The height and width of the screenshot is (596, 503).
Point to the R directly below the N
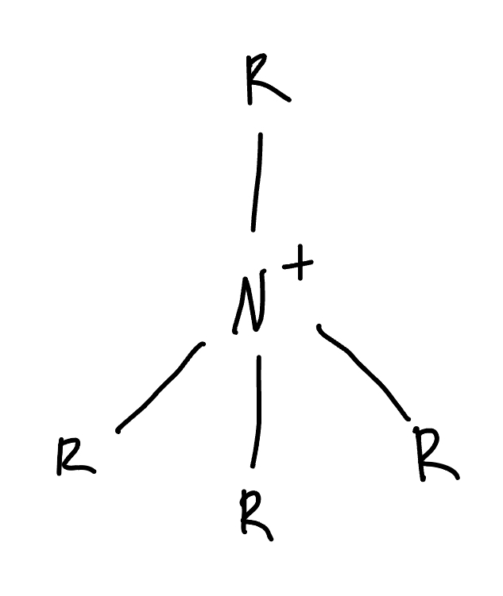click(x=256, y=516)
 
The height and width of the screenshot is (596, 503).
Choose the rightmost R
click(x=435, y=458)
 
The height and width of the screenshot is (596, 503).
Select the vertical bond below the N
click(x=256, y=411)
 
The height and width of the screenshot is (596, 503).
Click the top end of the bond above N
click(x=260, y=134)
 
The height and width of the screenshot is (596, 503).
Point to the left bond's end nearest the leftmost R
click(x=118, y=431)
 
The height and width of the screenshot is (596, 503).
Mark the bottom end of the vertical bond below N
click(x=252, y=466)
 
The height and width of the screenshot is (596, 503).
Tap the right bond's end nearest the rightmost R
click(x=408, y=418)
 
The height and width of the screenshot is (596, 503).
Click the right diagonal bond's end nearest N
click(x=319, y=326)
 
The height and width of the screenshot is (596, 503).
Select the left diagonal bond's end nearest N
click(x=203, y=344)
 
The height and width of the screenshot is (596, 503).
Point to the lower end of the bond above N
click(x=253, y=230)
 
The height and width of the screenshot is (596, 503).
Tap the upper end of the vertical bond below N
click(x=258, y=357)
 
